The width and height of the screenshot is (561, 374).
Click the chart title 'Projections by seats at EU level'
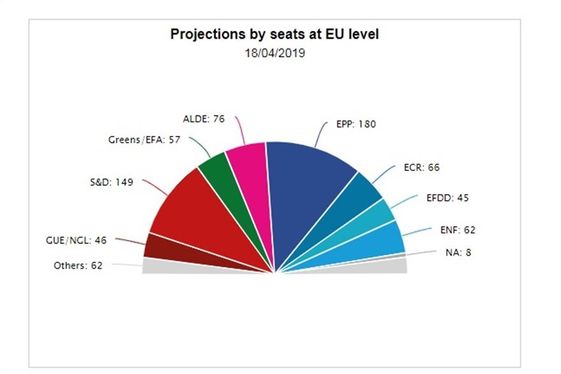274,34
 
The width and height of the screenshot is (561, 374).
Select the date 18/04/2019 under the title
274,54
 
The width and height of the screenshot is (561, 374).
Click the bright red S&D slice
191,211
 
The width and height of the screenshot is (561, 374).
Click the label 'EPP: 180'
356,124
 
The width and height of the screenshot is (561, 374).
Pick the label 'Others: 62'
78,266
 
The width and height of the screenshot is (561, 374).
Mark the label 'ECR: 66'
421,168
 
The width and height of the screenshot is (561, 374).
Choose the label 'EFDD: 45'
447,198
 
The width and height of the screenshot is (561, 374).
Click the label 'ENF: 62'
458,230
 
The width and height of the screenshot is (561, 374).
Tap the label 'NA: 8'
458,252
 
